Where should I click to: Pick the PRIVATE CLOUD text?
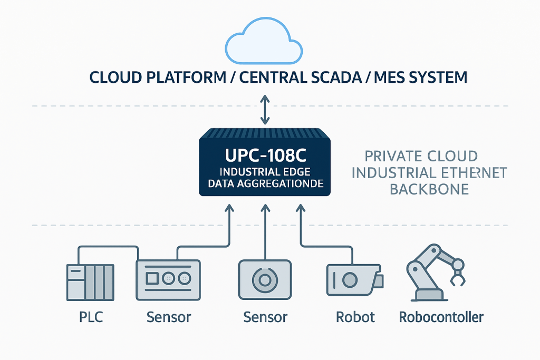coord(421,157)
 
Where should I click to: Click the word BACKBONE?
coord(429,189)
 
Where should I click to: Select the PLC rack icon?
coord(90,282)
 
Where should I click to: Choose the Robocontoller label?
coord(441,317)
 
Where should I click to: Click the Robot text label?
coord(355,317)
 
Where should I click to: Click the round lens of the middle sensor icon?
coord(265,279)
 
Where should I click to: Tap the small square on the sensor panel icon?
coord(151,277)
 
